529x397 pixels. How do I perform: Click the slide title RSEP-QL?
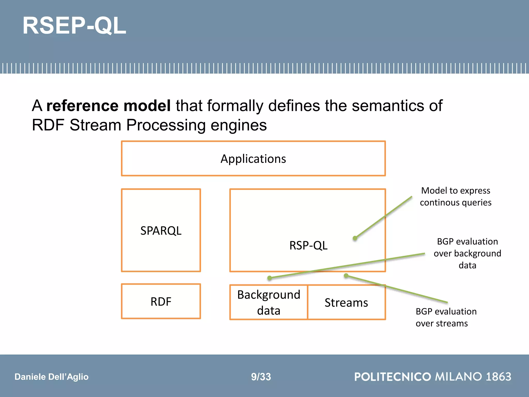[74, 26]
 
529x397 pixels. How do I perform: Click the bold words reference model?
[108, 106]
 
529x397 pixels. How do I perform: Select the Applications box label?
[253, 159]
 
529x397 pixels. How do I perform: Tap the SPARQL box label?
[161, 231]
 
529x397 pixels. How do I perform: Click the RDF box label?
[161, 302]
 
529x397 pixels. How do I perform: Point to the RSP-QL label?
[308, 245]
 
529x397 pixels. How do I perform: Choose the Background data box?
[269, 302]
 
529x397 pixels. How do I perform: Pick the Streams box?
[346, 303]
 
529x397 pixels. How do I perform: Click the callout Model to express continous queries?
[456, 196]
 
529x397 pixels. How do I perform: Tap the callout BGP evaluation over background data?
[467, 253]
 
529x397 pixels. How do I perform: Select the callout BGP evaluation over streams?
[446, 317]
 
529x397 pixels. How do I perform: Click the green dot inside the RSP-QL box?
[355, 238]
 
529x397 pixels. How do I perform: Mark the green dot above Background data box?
[270, 278]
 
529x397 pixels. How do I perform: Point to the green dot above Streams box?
[346, 276]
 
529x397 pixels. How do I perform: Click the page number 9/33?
[261, 377]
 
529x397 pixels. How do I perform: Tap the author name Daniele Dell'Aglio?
[51, 377]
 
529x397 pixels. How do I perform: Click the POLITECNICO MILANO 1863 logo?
[433, 377]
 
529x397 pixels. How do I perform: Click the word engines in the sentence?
[239, 125]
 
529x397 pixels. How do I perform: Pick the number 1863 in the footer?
[498, 377]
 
